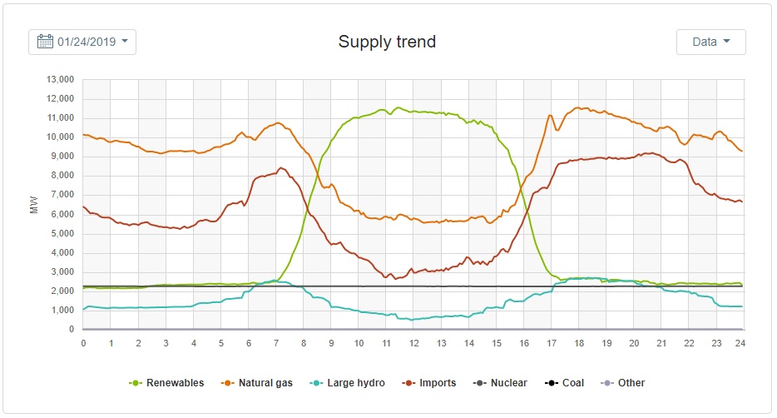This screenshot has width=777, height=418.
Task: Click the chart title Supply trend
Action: coord(387,42)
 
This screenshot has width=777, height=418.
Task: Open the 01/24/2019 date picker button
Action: coord(82,42)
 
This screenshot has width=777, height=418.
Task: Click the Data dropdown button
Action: coord(710,42)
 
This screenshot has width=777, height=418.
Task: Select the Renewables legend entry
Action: coord(166,383)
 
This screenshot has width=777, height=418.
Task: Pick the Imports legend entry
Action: coord(429,383)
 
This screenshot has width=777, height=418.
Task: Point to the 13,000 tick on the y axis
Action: coord(60,80)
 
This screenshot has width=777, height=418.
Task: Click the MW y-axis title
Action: coord(34,205)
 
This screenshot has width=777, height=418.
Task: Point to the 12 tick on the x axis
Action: coord(413,342)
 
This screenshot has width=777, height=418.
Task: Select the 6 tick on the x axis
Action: coord(248,342)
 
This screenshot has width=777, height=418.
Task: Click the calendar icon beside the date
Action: coord(45,42)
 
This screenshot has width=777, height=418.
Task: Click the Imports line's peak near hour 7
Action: coord(281,168)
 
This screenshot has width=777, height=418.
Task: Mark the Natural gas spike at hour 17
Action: coord(550,116)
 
